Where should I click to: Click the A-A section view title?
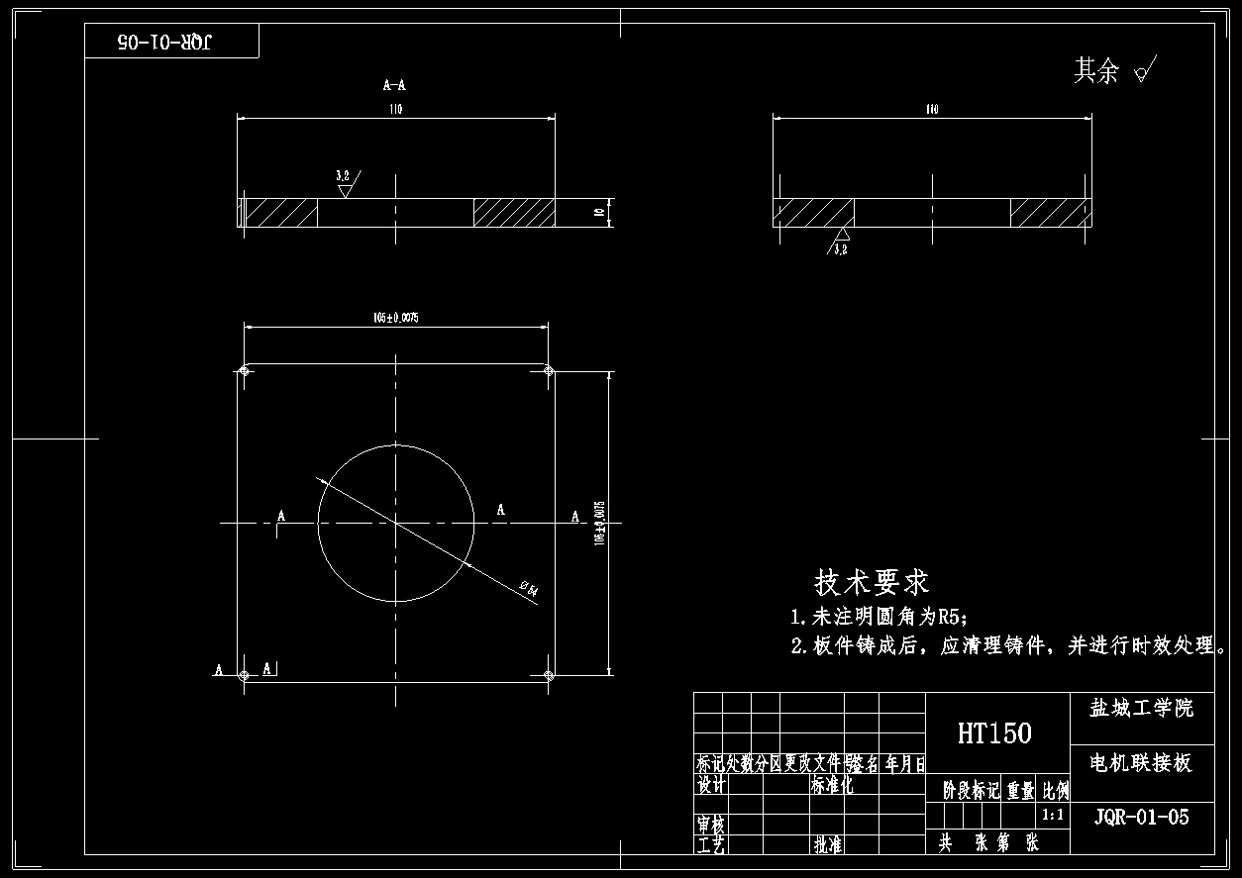click(394, 86)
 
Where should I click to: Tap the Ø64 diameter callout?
click(529, 589)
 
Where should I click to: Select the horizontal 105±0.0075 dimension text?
click(396, 318)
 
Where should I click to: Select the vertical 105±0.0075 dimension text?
click(598, 523)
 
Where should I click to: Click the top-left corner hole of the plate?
click(244, 371)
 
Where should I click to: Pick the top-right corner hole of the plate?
click(549, 371)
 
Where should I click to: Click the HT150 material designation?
click(994, 733)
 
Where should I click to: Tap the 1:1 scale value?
click(1053, 817)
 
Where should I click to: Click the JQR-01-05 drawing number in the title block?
click(1141, 818)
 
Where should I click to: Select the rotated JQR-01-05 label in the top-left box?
click(165, 42)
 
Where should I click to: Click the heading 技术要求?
click(872, 582)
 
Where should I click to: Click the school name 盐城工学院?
click(1141, 709)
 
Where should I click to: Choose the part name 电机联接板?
click(1141, 763)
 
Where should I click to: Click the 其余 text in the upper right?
click(1096, 71)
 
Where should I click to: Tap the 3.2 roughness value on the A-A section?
click(343, 175)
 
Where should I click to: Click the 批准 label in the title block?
click(828, 845)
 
